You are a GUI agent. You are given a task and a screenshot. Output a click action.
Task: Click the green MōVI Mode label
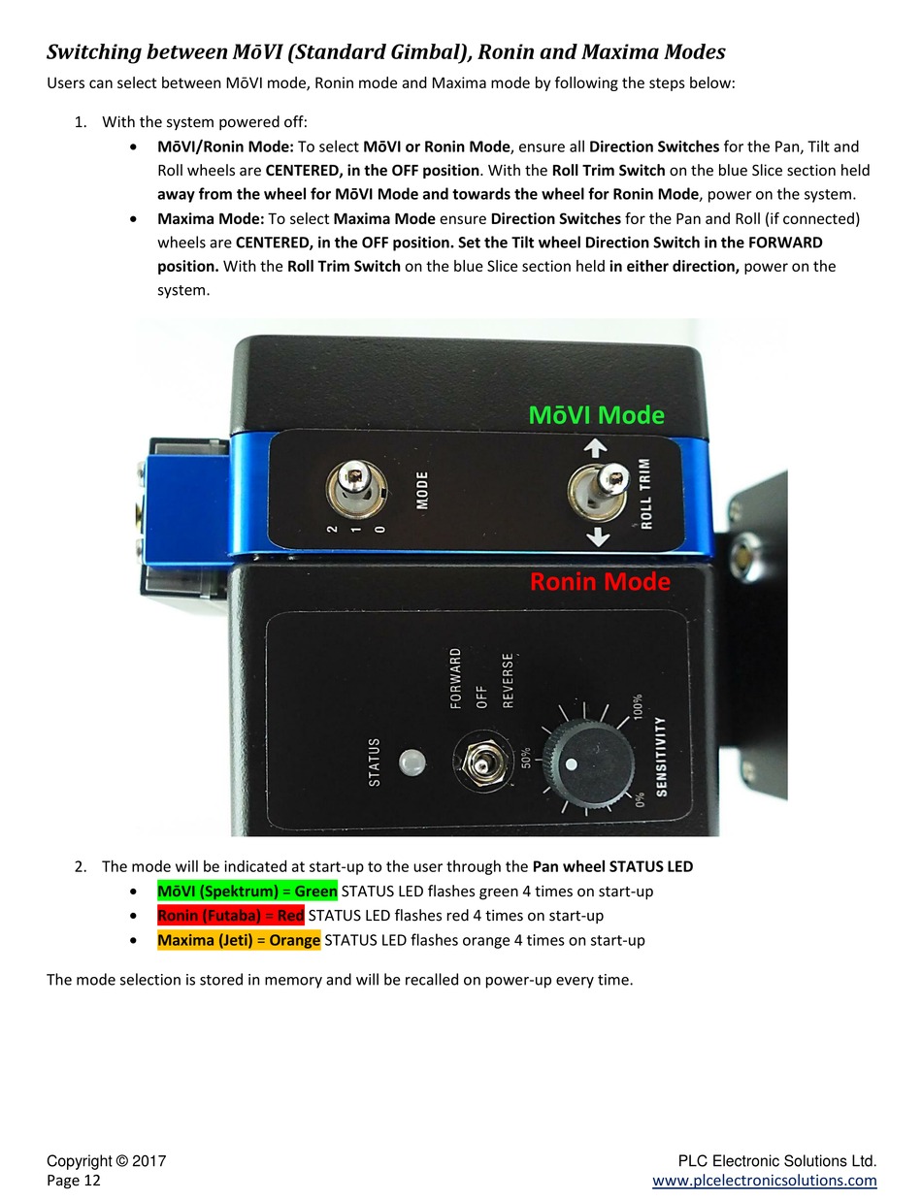point(596,415)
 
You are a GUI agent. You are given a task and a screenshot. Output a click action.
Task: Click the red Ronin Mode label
point(600,582)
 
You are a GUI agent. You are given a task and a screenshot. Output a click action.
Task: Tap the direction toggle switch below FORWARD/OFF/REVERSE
point(479,763)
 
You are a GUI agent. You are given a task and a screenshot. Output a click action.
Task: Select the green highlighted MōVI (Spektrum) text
point(247,891)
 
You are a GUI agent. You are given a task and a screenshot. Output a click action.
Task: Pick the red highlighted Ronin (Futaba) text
point(230,915)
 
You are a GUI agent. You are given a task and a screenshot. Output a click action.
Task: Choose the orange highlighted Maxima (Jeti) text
point(238,940)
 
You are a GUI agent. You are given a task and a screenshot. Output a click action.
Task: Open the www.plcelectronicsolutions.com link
point(765,1181)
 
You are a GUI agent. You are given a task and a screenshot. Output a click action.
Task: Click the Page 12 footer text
point(74,1181)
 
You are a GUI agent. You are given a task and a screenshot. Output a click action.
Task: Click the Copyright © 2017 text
point(107,1161)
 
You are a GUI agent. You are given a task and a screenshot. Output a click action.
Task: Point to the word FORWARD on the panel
point(456,679)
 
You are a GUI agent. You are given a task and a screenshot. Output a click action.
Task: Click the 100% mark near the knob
point(637,705)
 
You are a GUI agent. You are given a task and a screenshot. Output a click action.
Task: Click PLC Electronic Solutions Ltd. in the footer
point(777,1161)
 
